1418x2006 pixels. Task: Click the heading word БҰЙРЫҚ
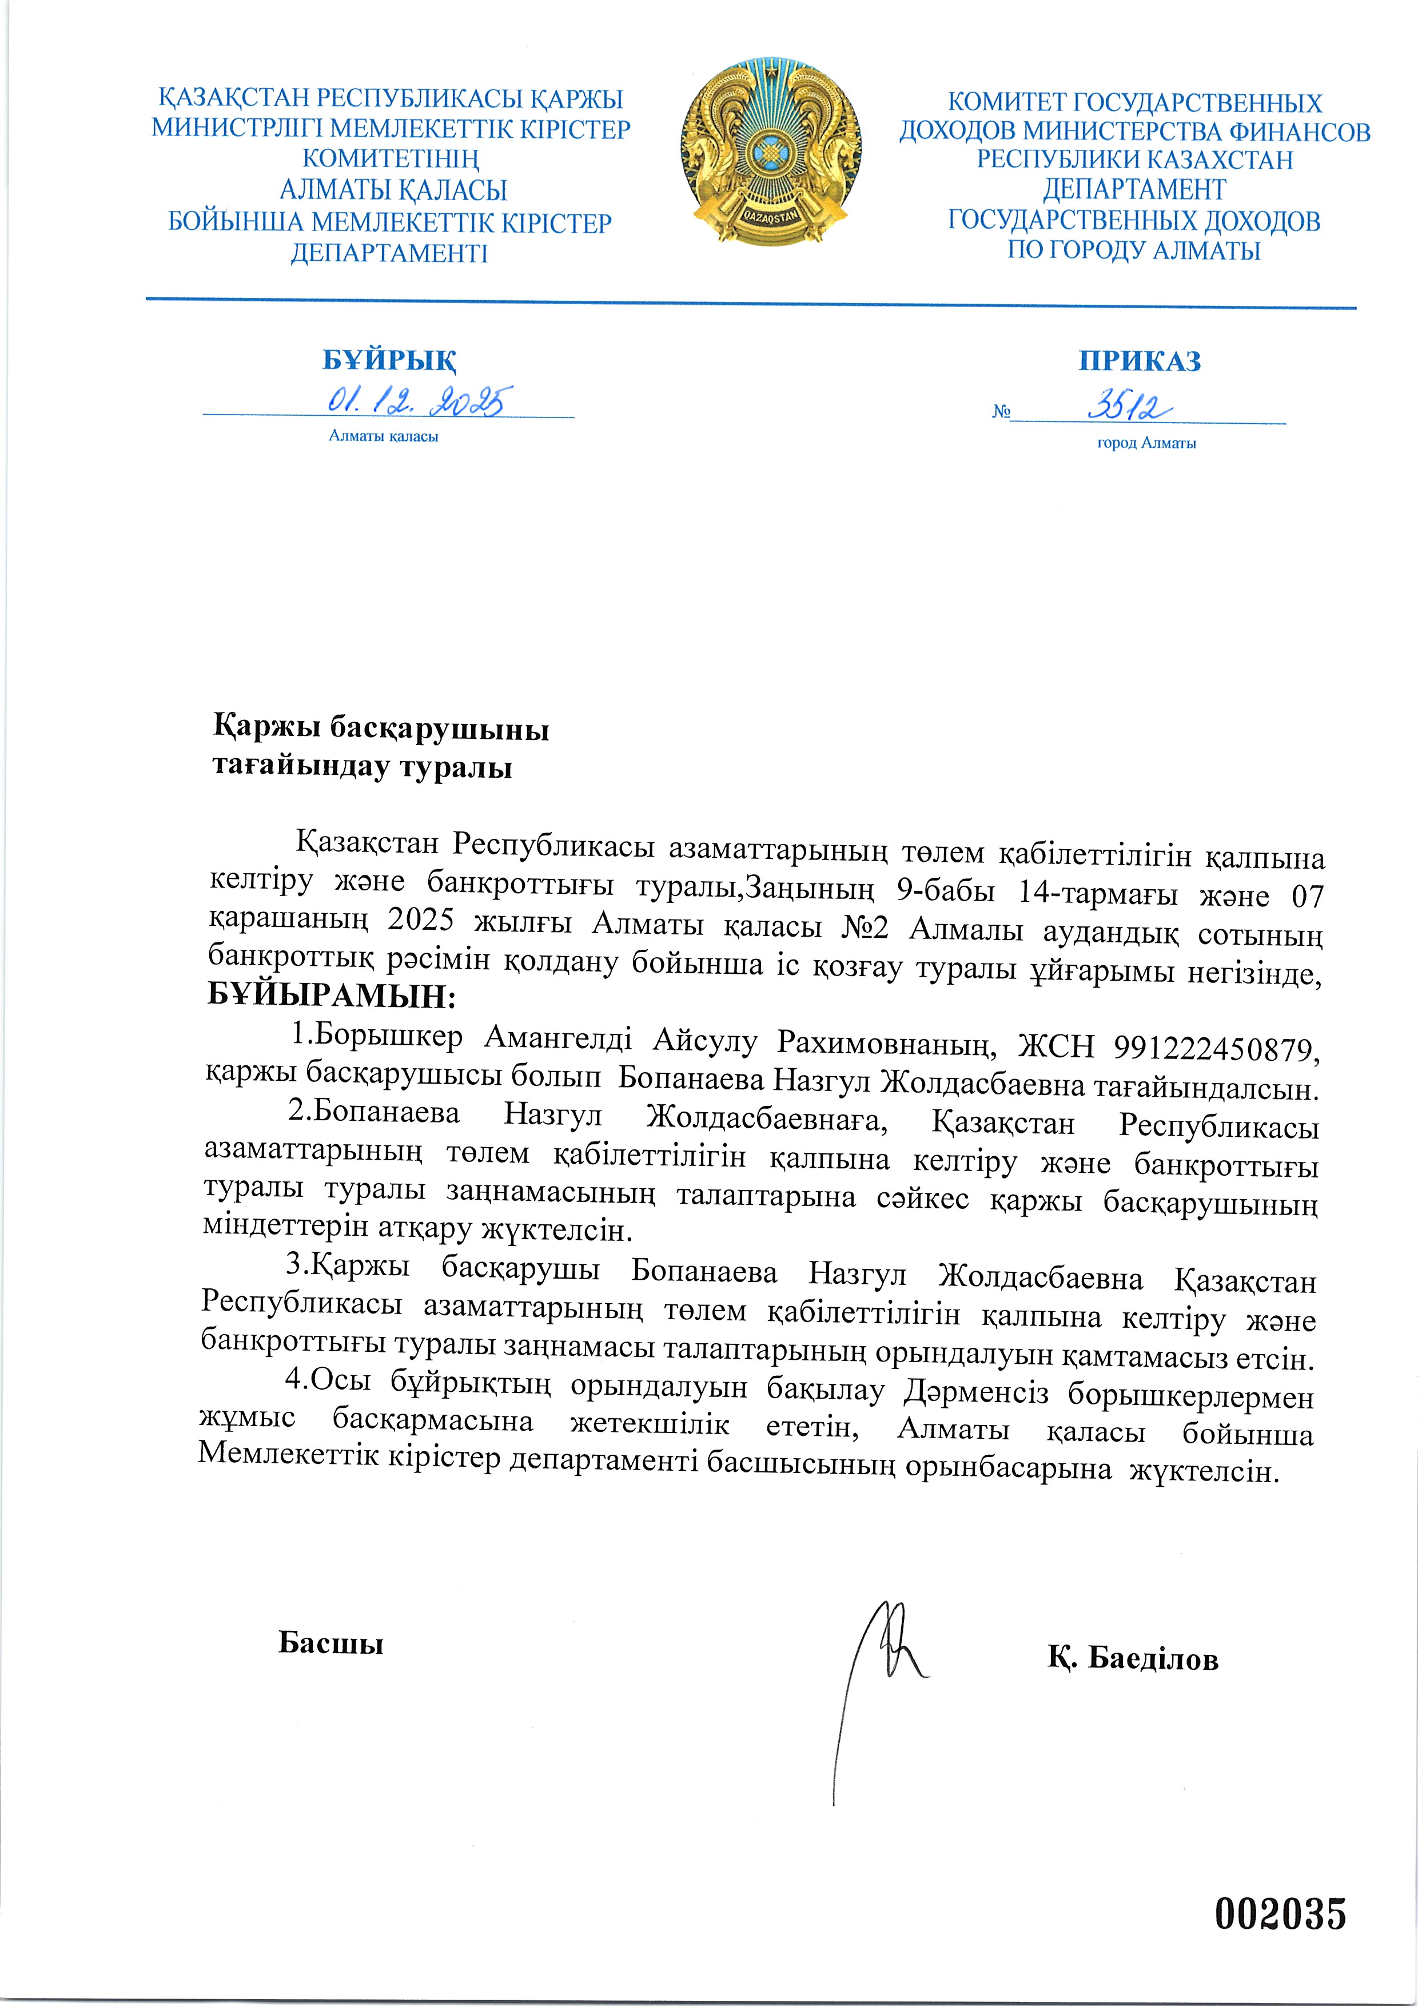(389, 360)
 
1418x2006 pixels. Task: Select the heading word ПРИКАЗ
(1140, 361)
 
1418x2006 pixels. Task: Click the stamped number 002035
(1280, 1913)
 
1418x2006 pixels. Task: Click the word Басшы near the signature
(331, 1642)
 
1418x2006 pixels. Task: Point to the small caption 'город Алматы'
(1146, 443)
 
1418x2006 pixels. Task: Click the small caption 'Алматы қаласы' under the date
(384, 436)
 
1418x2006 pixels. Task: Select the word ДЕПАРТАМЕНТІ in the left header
(389, 253)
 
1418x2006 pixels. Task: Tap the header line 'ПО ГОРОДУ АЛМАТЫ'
(1133, 250)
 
